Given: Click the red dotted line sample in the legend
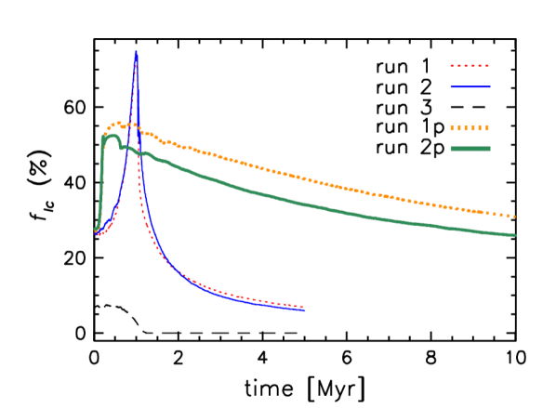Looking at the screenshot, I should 470,67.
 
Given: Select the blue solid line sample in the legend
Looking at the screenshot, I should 470,87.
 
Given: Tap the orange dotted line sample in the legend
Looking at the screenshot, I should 470,128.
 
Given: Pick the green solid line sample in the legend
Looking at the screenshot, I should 470,149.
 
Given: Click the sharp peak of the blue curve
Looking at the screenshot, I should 136,53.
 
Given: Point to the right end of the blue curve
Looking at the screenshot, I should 305,309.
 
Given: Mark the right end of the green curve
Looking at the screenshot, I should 515,235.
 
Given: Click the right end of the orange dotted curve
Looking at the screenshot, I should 514,217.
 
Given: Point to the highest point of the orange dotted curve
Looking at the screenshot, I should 116,123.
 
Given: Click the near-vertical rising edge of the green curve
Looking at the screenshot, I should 100,181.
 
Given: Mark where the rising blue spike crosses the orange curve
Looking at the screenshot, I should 131,124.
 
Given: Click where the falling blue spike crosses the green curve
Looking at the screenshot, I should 139,151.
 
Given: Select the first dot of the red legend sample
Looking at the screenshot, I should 453,67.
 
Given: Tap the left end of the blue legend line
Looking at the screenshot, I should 452,87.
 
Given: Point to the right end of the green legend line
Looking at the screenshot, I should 489,149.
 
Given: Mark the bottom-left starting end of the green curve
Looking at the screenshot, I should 95,230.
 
